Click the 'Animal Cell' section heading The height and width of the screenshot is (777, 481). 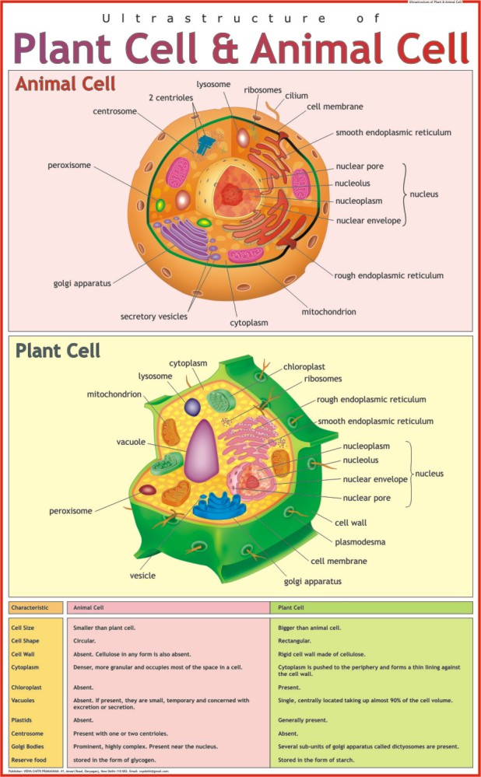pos(65,84)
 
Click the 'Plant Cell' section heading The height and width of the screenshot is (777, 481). pos(58,350)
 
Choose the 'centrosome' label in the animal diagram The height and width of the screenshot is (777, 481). pos(114,111)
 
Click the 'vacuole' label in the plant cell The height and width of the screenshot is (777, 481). pos(132,442)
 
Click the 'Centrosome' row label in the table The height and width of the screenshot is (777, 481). pos(27,733)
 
